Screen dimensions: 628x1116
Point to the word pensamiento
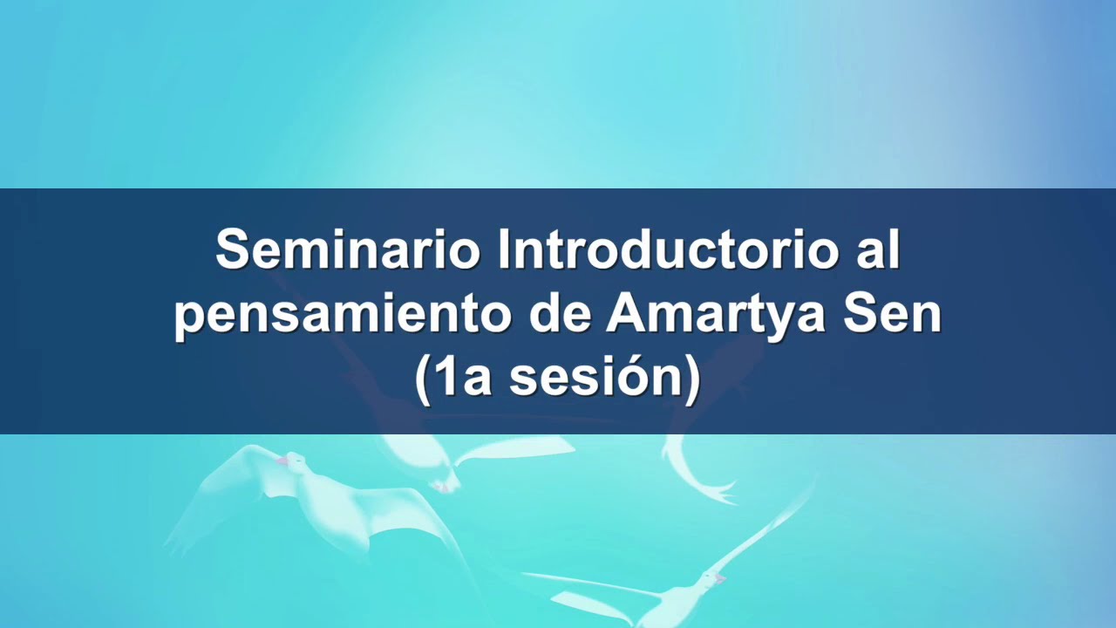point(341,316)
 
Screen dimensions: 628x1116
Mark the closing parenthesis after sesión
point(691,382)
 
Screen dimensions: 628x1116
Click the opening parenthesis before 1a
point(424,382)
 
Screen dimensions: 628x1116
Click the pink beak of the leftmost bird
point(282,460)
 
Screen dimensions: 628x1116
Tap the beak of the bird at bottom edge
point(719,577)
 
